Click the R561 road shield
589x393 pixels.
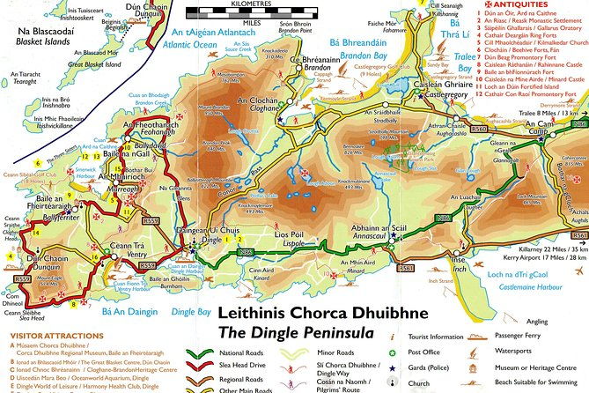pyautogui.click(x=406, y=267)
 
